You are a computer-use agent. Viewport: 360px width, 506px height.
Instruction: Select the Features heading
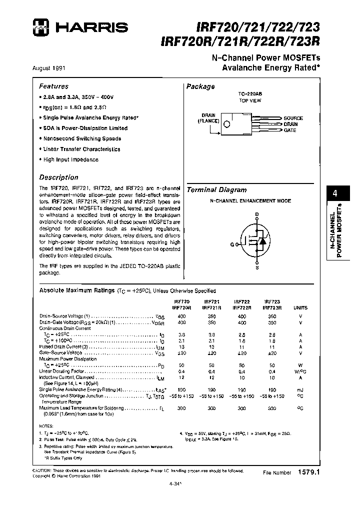click(x=53, y=86)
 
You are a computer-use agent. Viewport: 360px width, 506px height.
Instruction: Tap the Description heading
click(x=58, y=177)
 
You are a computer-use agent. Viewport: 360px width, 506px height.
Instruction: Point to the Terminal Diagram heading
click(x=216, y=190)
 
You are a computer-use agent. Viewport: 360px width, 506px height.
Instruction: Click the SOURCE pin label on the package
click(x=293, y=118)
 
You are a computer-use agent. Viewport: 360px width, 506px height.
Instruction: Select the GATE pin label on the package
click(x=290, y=130)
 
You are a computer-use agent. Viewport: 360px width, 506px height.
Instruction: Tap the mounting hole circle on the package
click(x=227, y=124)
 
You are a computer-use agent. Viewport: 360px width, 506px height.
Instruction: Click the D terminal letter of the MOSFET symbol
click(x=257, y=214)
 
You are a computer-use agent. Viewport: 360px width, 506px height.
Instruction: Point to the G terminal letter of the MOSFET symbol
click(x=232, y=244)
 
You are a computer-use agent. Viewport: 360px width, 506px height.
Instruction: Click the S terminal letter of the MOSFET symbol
click(x=257, y=268)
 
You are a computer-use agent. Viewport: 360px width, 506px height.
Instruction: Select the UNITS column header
click(x=300, y=308)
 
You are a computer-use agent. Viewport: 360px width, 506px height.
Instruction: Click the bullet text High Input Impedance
click(x=70, y=159)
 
